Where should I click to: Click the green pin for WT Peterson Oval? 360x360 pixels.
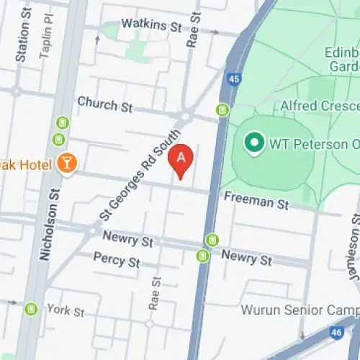coord(253,143)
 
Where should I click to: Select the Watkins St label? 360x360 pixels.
coord(151,26)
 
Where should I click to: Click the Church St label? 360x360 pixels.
coord(105,104)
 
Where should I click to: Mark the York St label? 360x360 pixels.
coord(66,312)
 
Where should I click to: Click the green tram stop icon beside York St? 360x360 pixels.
coord(31,309)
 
